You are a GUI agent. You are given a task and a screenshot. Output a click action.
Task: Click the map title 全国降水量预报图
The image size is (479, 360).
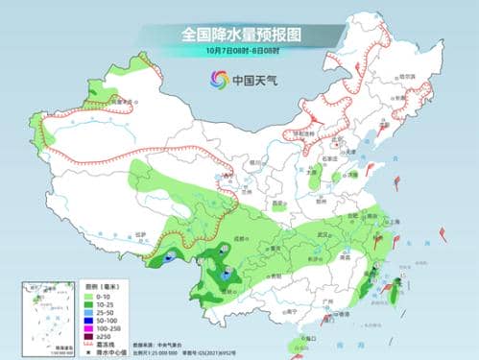(x=240, y=34)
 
